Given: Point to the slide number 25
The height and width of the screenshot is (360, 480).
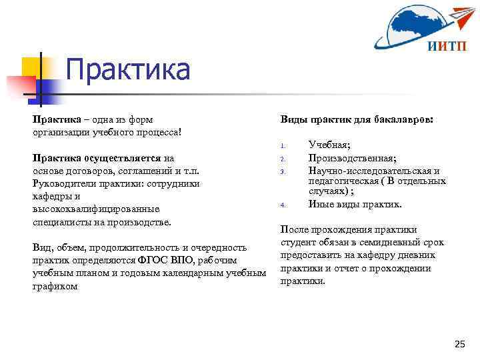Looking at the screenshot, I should point(459,344).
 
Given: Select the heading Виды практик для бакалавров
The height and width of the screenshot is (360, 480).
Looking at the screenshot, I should point(357,120).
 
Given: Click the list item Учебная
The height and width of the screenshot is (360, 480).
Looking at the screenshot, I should point(331,145).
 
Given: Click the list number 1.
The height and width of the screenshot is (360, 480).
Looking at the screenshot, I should point(283,146).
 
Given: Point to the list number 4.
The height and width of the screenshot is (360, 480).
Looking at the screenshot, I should point(283,205).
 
